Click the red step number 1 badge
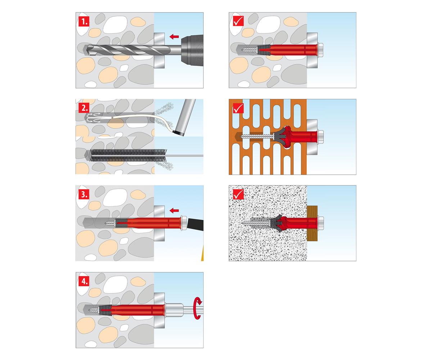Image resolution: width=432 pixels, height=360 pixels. [84, 21]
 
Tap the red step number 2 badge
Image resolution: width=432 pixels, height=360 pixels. [84, 108]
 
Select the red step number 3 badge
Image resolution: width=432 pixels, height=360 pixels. [84, 194]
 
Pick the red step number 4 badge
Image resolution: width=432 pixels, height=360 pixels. [84, 281]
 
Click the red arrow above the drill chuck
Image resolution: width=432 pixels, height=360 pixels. [174, 37]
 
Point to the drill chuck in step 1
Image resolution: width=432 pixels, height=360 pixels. [192, 50]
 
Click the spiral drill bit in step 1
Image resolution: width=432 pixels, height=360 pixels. [128, 50]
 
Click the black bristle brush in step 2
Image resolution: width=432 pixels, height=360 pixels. [128, 156]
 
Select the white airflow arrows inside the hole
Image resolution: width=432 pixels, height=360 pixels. [94, 118]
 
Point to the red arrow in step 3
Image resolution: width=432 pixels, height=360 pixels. [174, 211]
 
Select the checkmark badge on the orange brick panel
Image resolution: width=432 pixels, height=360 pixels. [238, 108]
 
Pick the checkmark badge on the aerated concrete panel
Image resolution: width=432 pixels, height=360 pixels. [238, 194]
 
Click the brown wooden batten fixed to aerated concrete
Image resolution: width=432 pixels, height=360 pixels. [312, 223]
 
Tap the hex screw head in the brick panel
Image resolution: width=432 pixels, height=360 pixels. [320, 137]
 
